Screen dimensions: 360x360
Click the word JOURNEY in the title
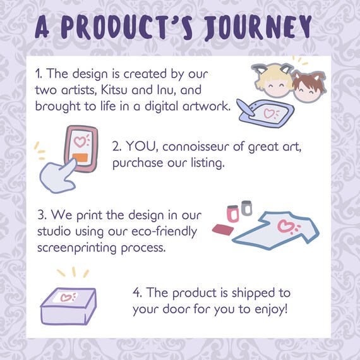click(x=258, y=28)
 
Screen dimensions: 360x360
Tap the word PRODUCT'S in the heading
click(x=127, y=28)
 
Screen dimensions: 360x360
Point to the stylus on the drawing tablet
click(x=246, y=107)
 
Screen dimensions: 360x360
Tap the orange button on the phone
click(x=80, y=158)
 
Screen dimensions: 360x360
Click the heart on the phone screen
click(x=80, y=141)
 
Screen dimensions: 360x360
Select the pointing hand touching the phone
click(x=58, y=176)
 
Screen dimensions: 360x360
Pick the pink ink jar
click(x=233, y=213)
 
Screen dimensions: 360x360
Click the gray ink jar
click(x=246, y=208)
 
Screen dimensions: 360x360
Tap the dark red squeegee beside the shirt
click(x=223, y=230)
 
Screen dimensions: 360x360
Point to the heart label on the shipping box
click(x=66, y=297)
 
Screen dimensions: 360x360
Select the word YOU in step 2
click(x=140, y=147)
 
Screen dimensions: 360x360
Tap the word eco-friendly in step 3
click(x=164, y=231)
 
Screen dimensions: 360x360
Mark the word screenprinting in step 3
click(x=77, y=248)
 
